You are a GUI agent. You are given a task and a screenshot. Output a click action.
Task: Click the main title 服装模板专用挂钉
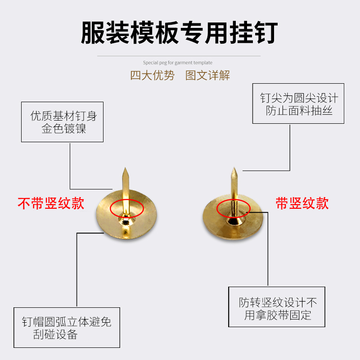point(179,32)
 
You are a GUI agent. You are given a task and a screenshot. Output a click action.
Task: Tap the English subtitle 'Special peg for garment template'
point(178,63)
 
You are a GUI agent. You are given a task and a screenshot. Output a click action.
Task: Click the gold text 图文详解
point(207,75)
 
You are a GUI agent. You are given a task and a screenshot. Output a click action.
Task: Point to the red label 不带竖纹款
point(51,203)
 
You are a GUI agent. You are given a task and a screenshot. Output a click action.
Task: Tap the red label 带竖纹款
point(302,203)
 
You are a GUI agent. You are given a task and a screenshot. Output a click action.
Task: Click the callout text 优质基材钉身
point(63,116)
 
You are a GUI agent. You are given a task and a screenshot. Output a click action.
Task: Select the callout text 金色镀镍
point(63,129)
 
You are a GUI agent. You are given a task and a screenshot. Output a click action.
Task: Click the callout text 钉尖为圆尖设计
point(299,98)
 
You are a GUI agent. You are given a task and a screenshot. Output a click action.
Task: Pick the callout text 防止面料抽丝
point(299,110)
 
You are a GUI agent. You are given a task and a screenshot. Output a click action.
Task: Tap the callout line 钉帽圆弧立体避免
point(67,322)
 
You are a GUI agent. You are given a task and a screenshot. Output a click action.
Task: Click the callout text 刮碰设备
point(55,335)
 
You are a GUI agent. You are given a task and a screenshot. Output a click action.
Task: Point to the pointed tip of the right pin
point(234,169)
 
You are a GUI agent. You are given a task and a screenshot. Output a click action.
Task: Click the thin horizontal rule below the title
point(179,56)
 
